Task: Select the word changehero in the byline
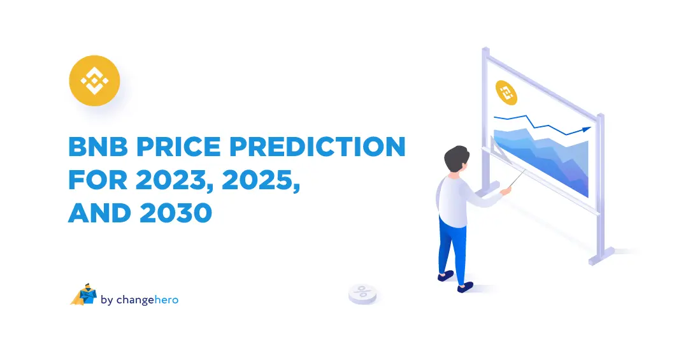click(x=148, y=299)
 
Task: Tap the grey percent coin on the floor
click(x=362, y=293)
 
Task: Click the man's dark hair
click(x=457, y=159)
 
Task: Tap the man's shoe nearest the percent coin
click(x=445, y=275)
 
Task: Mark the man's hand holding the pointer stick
click(x=506, y=189)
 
